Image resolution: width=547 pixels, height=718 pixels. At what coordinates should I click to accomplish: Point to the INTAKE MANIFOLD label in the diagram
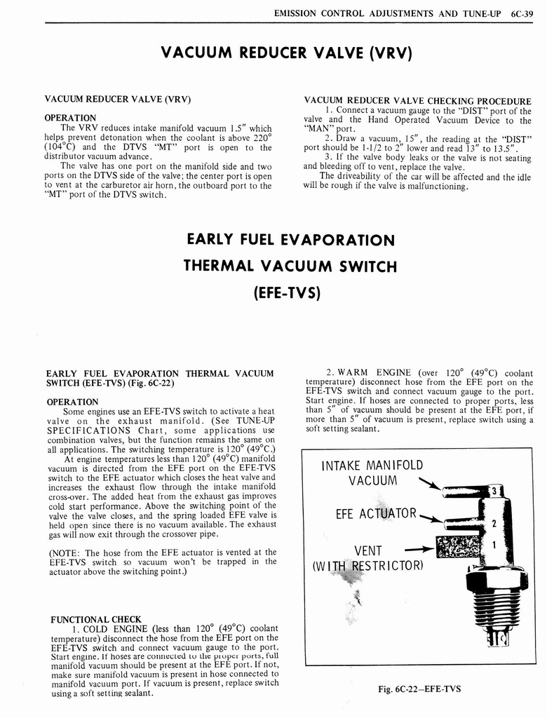point(372,465)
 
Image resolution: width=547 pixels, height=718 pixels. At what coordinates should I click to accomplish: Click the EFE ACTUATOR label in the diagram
point(376,514)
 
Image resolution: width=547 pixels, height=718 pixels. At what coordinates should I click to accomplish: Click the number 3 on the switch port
point(494,491)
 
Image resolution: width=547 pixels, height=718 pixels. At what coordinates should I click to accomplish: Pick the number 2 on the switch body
point(494,523)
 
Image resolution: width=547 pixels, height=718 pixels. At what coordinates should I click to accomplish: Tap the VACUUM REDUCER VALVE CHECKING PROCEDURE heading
point(417,100)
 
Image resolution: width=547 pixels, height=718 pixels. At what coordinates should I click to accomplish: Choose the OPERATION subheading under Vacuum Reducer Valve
point(71,117)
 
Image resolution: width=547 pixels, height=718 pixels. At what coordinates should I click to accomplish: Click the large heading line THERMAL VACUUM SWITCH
point(290,266)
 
